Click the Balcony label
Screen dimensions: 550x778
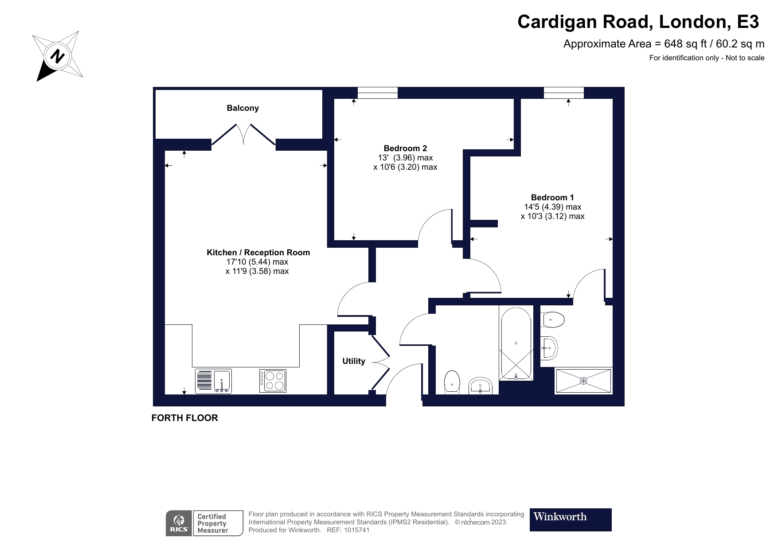[x=242, y=108]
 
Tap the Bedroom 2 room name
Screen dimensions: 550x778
[x=405, y=148]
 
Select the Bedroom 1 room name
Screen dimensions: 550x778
[x=552, y=198]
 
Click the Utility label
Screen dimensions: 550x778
[x=353, y=361]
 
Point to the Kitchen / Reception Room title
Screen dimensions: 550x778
[x=258, y=253]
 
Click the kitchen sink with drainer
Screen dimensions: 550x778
[x=213, y=381]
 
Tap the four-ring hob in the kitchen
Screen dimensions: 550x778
[x=273, y=381]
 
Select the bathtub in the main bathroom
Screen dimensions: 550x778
[x=516, y=343]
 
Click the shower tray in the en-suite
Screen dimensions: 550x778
[x=583, y=381]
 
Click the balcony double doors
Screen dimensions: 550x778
[x=243, y=134]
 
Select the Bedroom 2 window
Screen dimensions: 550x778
[x=377, y=93]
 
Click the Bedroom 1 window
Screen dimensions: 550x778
[x=563, y=93]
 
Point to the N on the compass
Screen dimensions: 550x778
[x=57, y=56]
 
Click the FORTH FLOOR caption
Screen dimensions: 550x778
[x=184, y=418]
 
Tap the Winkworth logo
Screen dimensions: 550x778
[x=570, y=519]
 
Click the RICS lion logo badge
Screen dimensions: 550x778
[x=179, y=523]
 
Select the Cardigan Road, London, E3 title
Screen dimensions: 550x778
[x=638, y=22]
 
